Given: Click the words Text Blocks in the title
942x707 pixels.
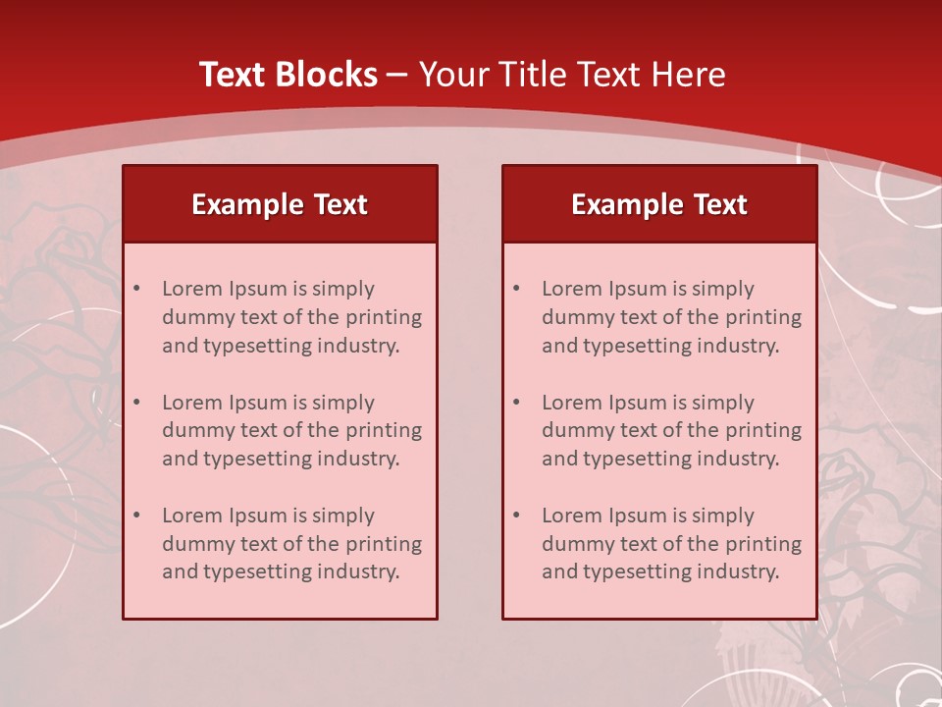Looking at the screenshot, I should [x=288, y=75].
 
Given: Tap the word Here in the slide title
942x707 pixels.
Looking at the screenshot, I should [x=688, y=75].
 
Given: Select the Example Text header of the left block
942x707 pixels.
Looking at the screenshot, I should [x=280, y=204].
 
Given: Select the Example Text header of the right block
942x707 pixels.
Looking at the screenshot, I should [x=659, y=204].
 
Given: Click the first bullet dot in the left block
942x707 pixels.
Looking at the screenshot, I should [x=137, y=289].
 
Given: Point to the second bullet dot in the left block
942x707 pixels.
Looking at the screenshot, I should [x=137, y=403].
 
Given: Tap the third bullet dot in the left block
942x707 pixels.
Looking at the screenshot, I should [x=137, y=516].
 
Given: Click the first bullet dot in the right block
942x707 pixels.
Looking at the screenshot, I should [x=517, y=289].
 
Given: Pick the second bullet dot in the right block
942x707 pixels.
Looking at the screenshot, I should [x=517, y=403].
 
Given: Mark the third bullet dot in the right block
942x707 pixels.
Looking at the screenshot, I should [x=517, y=516].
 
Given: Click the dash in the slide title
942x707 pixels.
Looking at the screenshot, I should [x=397, y=75].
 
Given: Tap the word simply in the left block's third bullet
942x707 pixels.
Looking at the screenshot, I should [x=341, y=516].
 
